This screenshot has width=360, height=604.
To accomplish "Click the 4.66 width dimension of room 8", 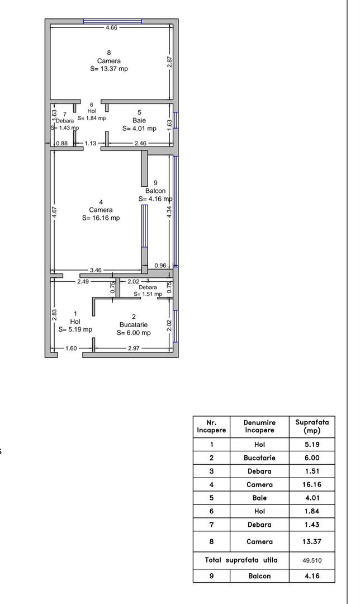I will pos(112,27).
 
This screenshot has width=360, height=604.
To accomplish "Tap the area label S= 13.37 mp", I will pos(109,69).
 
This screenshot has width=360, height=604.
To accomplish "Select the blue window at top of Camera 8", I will pos(112,21).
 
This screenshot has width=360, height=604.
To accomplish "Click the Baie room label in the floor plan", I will pos(139,120).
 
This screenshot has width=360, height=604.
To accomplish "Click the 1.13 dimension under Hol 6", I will pos(91,144).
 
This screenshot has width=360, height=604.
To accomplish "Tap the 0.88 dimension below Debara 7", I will pos(62,144).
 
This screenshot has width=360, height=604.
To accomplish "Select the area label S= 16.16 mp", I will pos(101,218).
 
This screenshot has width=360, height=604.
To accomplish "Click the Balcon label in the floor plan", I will pos(155,191).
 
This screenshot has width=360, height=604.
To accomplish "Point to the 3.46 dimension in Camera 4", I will pos(96,270).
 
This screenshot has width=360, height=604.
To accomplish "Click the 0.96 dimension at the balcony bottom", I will pos(160,266).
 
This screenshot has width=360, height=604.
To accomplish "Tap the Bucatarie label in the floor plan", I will pos(134,325).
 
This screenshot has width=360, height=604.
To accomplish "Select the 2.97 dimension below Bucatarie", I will pos(134,348).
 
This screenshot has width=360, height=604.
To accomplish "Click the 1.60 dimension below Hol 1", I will pos(71,348).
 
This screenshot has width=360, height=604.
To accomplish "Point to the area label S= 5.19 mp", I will pos(75,329).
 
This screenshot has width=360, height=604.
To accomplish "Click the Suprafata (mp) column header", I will pos(312,427).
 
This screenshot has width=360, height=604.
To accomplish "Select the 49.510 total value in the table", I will pos(312,560).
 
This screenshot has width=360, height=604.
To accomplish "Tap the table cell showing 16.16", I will pos(312,484).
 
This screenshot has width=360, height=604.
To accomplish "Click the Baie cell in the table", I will pos(259,498).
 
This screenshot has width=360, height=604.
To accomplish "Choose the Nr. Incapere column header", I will pos(211,427).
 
